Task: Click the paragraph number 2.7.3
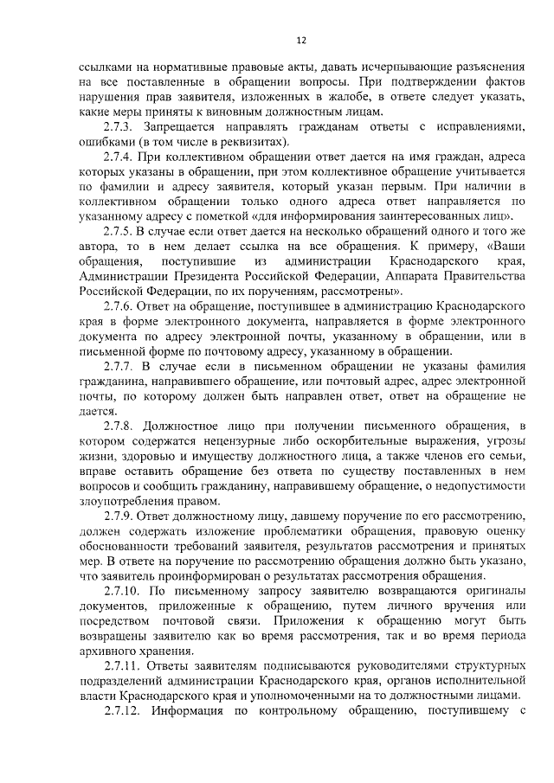click(x=119, y=128)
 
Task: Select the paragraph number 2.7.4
click(x=119, y=160)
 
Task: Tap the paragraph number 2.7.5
click(x=119, y=229)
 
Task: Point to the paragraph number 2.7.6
click(x=119, y=305)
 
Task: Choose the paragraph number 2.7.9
click(x=119, y=514)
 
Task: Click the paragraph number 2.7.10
click(x=123, y=590)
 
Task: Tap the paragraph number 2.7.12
click(x=123, y=712)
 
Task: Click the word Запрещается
click(x=189, y=128)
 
